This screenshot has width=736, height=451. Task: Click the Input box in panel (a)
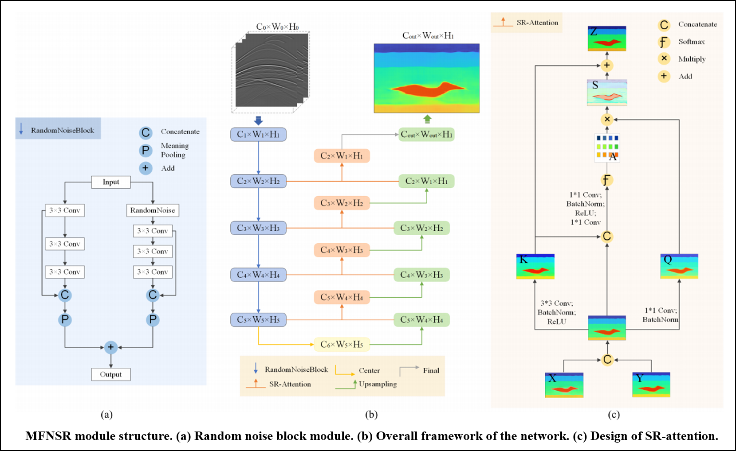[x=111, y=182]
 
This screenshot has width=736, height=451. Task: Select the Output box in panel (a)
[x=111, y=374]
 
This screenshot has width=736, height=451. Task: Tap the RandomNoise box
[x=153, y=210]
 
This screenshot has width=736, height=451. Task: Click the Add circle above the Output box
[x=111, y=347]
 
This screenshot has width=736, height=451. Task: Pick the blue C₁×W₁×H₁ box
[x=258, y=135]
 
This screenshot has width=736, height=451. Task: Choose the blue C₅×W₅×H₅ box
[x=258, y=320]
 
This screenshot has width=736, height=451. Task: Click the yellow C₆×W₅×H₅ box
[x=342, y=344]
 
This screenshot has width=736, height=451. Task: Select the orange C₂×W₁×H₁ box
[x=342, y=156]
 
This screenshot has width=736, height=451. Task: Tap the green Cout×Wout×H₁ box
[x=426, y=135]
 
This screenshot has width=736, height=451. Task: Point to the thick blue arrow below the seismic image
[x=258, y=121]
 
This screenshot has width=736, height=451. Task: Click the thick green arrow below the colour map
[x=427, y=119]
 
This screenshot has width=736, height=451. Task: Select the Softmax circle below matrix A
[x=606, y=180]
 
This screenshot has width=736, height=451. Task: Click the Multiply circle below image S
[x=607, y=119]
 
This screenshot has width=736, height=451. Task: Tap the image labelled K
[x=535, y=266]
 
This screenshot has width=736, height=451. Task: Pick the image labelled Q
[x=679, y=266]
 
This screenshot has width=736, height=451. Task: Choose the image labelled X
[x=564, y=385]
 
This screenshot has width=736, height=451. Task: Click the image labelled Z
[x=606, y=39]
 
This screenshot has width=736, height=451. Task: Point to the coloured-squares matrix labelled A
[x=607, y=147]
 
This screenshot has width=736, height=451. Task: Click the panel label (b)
[x=371, y=415]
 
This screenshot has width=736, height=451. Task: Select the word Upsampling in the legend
[x=378, y=384]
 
